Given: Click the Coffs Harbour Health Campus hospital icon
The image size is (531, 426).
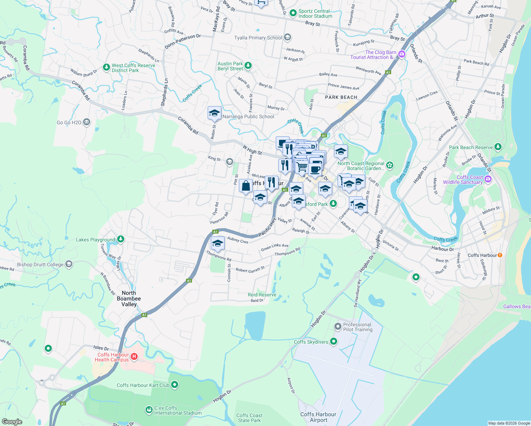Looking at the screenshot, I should tap(134, 357).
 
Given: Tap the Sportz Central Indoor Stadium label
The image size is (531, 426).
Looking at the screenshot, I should tap(315, 13).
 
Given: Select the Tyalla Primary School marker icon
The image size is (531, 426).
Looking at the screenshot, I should tap(288, 37).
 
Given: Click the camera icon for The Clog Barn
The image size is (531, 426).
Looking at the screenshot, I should tap(402, 54).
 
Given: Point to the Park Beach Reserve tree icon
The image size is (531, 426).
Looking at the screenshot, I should tap(498, 147).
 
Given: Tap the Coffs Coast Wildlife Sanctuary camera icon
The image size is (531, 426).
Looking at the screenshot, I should tap(488, 179).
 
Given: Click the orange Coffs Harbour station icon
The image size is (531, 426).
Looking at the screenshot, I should tap(500, 255).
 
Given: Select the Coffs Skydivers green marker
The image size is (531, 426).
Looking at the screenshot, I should tap(333, 342).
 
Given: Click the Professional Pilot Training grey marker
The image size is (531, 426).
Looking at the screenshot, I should tap(338, 326).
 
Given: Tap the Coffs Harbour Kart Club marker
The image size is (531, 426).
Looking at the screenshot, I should tap(174, 385).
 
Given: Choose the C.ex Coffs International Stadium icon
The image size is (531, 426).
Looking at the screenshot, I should tap(149, 410).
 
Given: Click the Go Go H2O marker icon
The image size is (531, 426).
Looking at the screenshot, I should tap(87, 122).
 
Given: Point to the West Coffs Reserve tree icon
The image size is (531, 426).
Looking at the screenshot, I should tap(106, 67).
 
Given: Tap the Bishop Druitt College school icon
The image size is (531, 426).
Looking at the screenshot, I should tap(69, 264).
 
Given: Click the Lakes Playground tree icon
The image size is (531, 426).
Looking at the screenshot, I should tap(121, 239).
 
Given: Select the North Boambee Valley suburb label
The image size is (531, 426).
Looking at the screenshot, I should tap(129, 299).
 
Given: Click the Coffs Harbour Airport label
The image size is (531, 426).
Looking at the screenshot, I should tap(318, 417).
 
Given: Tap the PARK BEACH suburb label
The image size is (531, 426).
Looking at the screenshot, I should tap(341, 97).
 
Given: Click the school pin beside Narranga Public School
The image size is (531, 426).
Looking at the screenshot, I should tap(214, 113).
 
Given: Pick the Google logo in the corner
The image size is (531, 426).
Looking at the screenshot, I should tap(12, 422).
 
